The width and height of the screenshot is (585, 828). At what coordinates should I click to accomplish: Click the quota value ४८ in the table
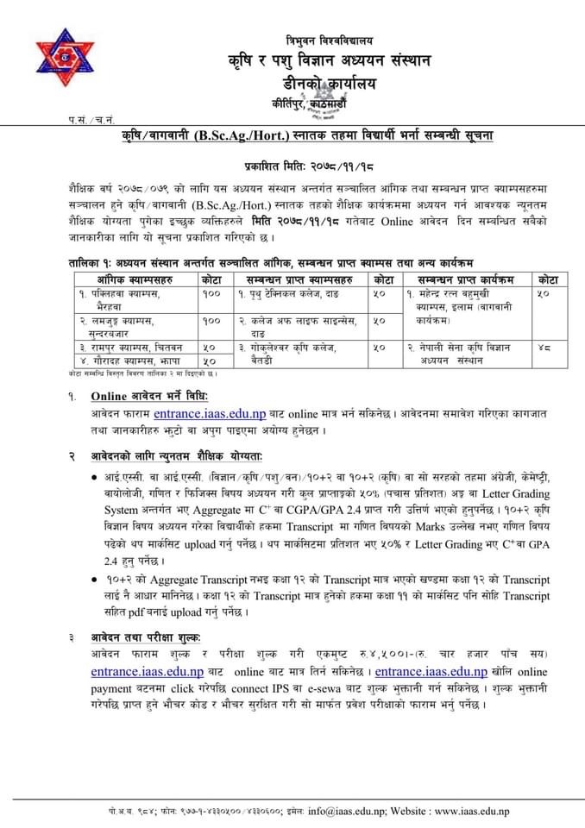point(543,347)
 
